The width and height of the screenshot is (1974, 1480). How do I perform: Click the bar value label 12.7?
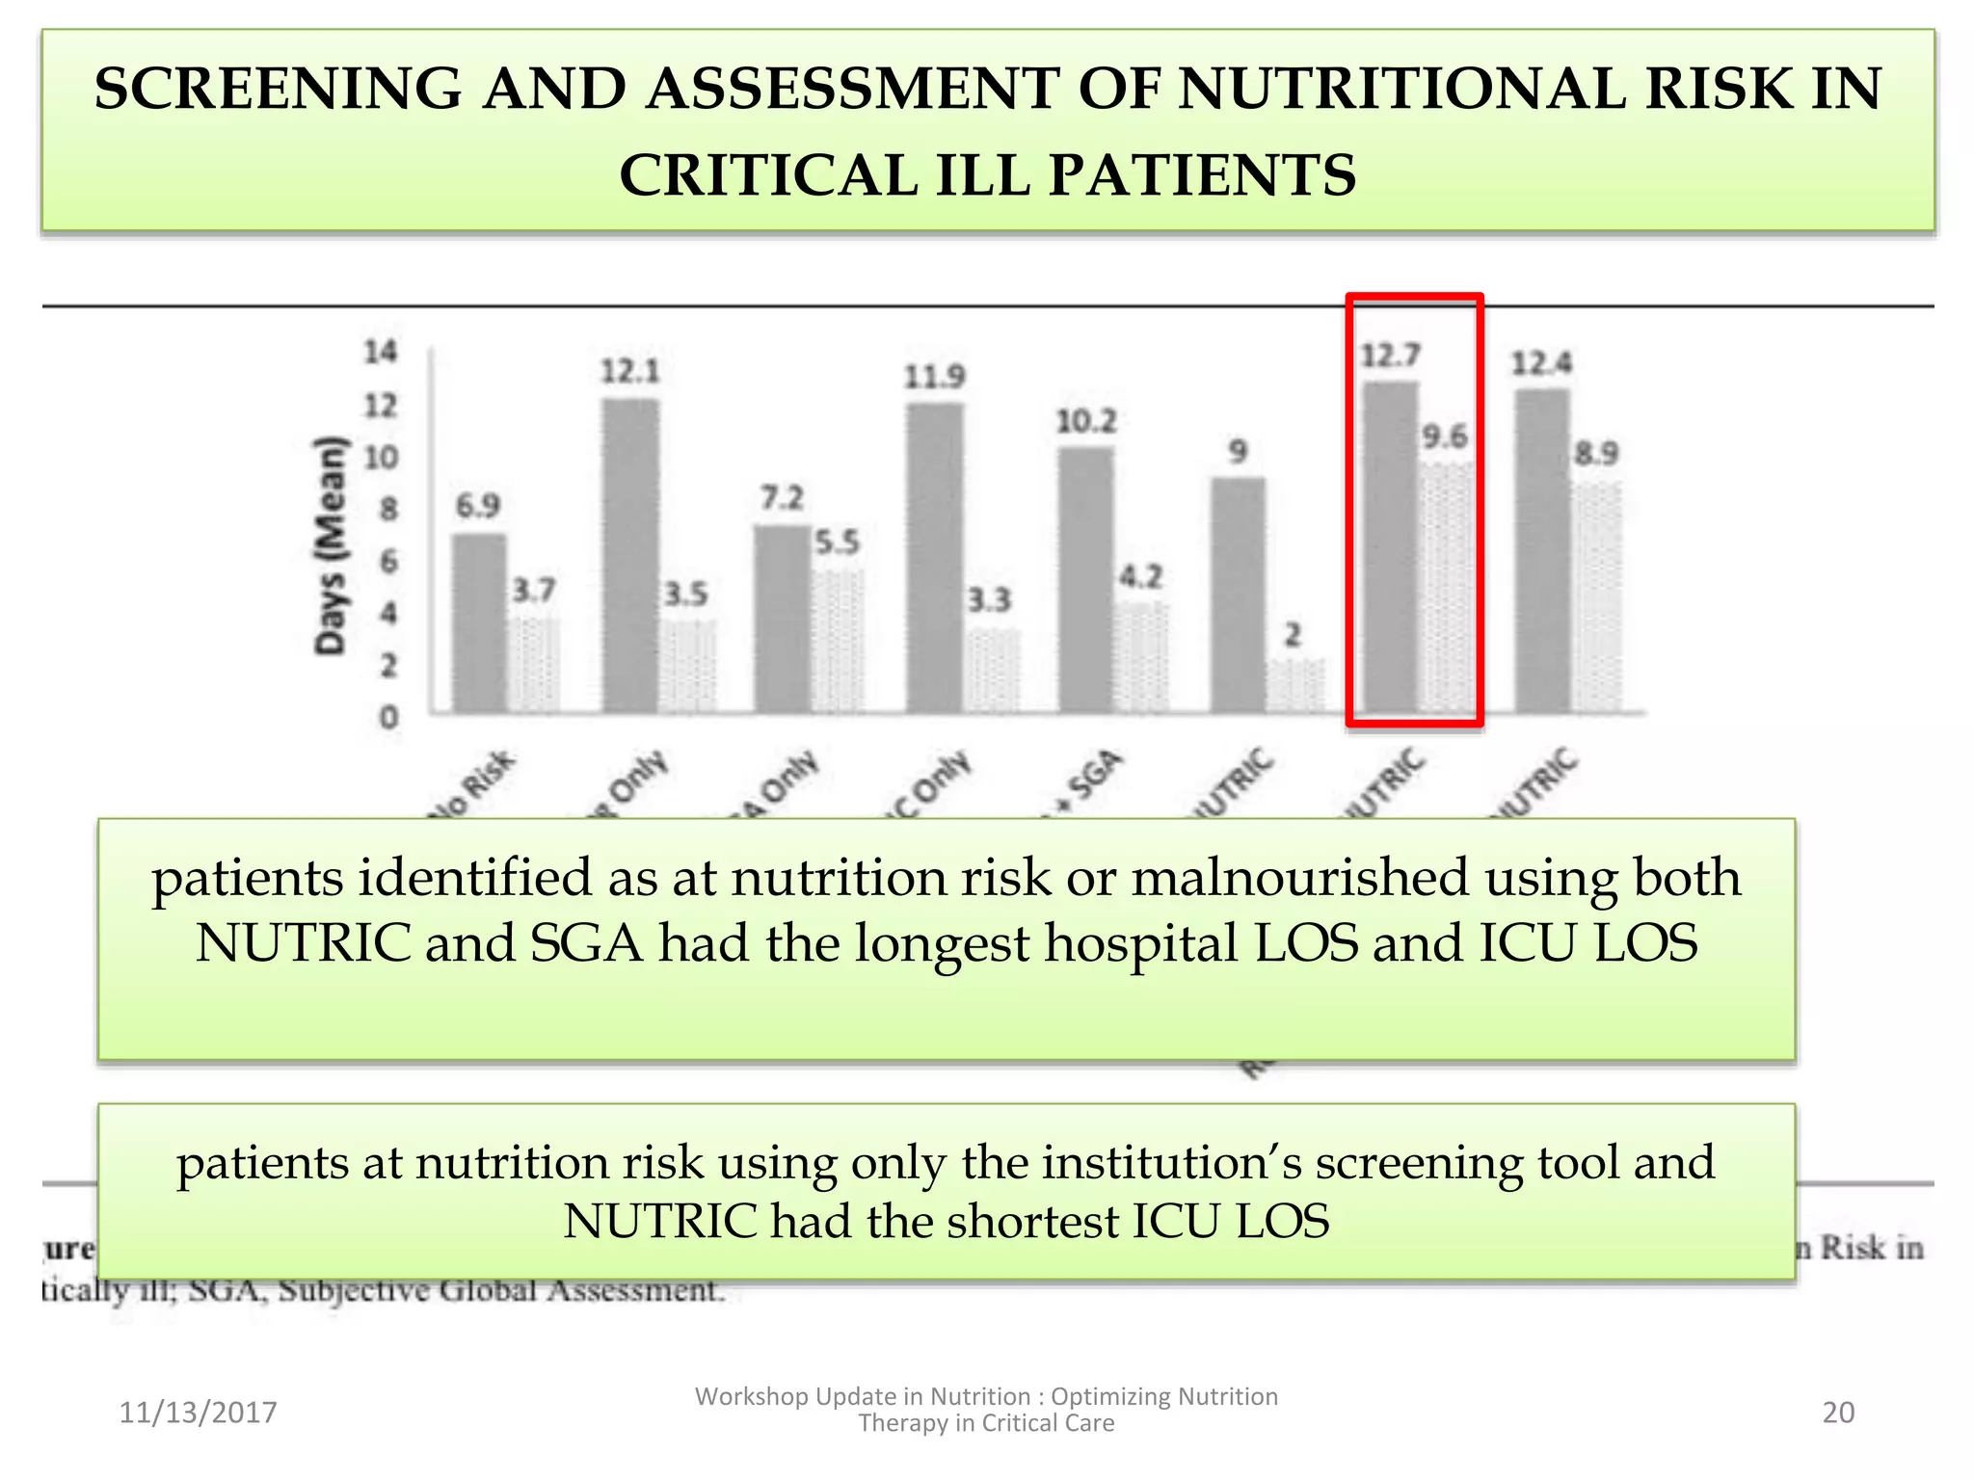(x=1389, y=357)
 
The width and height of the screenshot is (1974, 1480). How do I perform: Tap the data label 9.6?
(x=1445, y=437)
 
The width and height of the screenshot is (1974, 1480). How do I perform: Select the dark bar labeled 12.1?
(x=631, y=556)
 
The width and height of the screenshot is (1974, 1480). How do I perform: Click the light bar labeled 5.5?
(x=837, y=641)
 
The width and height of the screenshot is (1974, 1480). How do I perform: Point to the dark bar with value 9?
(x=1239, y=595)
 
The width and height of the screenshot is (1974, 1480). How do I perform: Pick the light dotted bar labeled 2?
(x=1294, y=686)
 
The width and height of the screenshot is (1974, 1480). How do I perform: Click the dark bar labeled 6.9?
(x=479, y=623)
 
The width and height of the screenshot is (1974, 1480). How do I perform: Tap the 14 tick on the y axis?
(x=381, y=353)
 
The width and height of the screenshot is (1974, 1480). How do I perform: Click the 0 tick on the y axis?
(x=388, y=718)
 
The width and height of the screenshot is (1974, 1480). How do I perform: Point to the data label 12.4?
(x=1541, y=363)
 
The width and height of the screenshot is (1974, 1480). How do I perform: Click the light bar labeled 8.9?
(x=1596, y=597)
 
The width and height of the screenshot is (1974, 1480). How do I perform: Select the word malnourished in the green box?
(x=1299, y=879)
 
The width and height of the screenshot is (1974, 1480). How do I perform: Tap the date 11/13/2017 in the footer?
(x=198, y=1413)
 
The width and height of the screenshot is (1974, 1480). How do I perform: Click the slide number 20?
(x=1838, y=1413)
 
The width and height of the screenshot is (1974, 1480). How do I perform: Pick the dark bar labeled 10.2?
(x=1086, y=580)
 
